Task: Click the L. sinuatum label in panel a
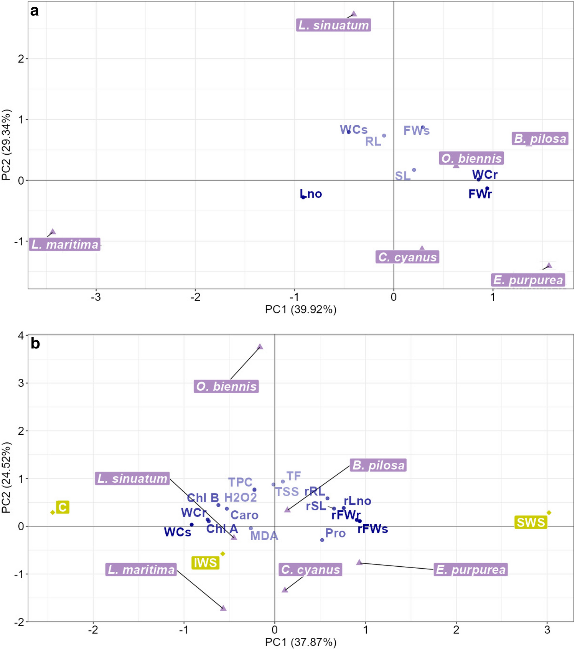click(x=333, y=25)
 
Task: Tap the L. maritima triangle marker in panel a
click(x=53, y=232)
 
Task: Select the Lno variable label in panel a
click(x=311, y=194)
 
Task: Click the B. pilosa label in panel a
click(x=540, y=139)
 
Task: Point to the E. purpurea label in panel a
click(x=528, y=280)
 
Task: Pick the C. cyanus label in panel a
click(x=407, y=257)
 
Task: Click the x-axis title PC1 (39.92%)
click(x=300, y=309)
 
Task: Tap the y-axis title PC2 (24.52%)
click(x=7, y=478)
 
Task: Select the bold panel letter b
click(x=35, y=343)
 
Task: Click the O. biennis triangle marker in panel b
click(x=260, y=347)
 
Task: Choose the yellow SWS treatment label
click(x=531, y=523)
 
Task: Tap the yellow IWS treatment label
click(x=206, y=563)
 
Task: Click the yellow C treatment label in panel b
click(x=63, y=507)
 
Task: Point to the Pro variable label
click(x=335, y=533)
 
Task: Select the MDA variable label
click(x=264, y=536)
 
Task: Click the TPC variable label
click(x=240, y=482)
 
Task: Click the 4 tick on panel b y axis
click(x=21, y=336)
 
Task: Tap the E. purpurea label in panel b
click(x=471, y=570)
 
